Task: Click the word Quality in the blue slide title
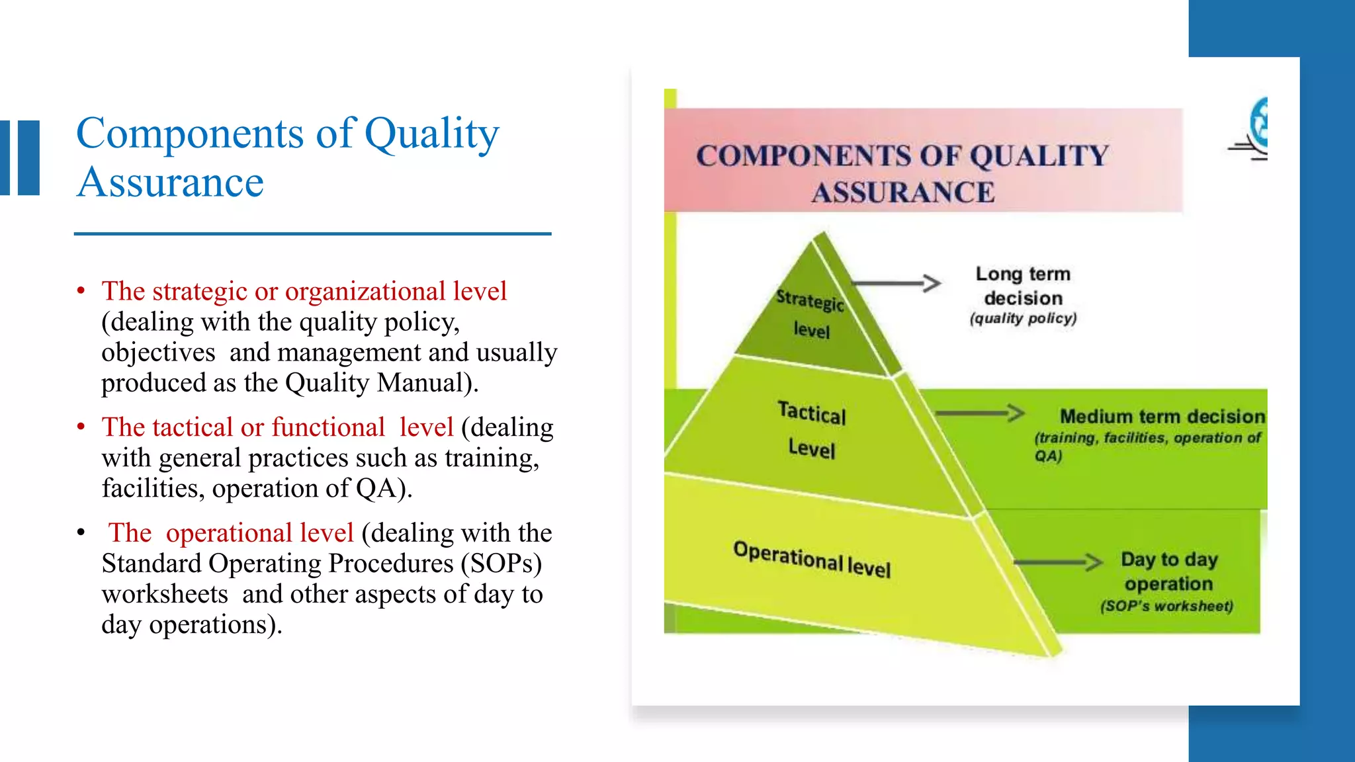[x=431, y=134]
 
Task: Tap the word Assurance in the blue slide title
[x=170, y=183]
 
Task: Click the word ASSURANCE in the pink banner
[x=903, y=192]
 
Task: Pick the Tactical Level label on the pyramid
[x=812, y=431]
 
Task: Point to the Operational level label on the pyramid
[x=812, y=559]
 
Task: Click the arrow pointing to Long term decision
[x=896, y=284]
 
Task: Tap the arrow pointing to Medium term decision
[x=979, y=414]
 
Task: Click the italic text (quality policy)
[x=1023, y=319]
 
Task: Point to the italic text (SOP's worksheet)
[x=1166, y=607]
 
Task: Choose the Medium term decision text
[x=1162, y=417]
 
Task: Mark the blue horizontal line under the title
[x=312, y=233]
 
